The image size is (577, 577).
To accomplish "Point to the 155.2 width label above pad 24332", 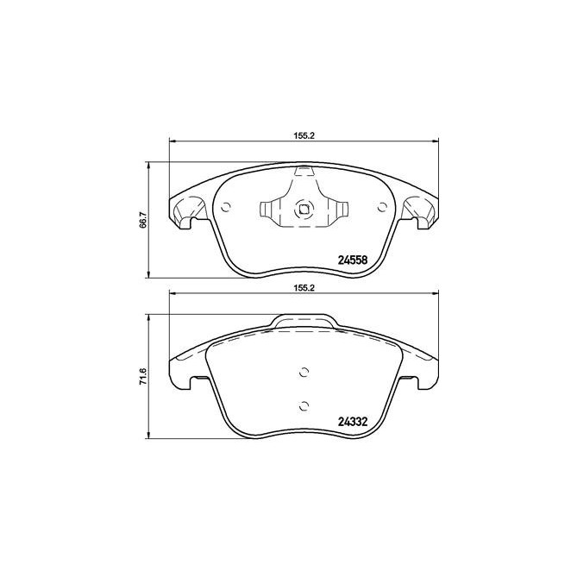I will (x=301, y=289).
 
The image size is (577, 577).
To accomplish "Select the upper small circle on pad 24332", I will (x=303, y=373).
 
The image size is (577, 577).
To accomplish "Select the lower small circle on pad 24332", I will (x=303, y=405).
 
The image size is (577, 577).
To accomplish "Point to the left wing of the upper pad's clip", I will (x=268, y=209).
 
